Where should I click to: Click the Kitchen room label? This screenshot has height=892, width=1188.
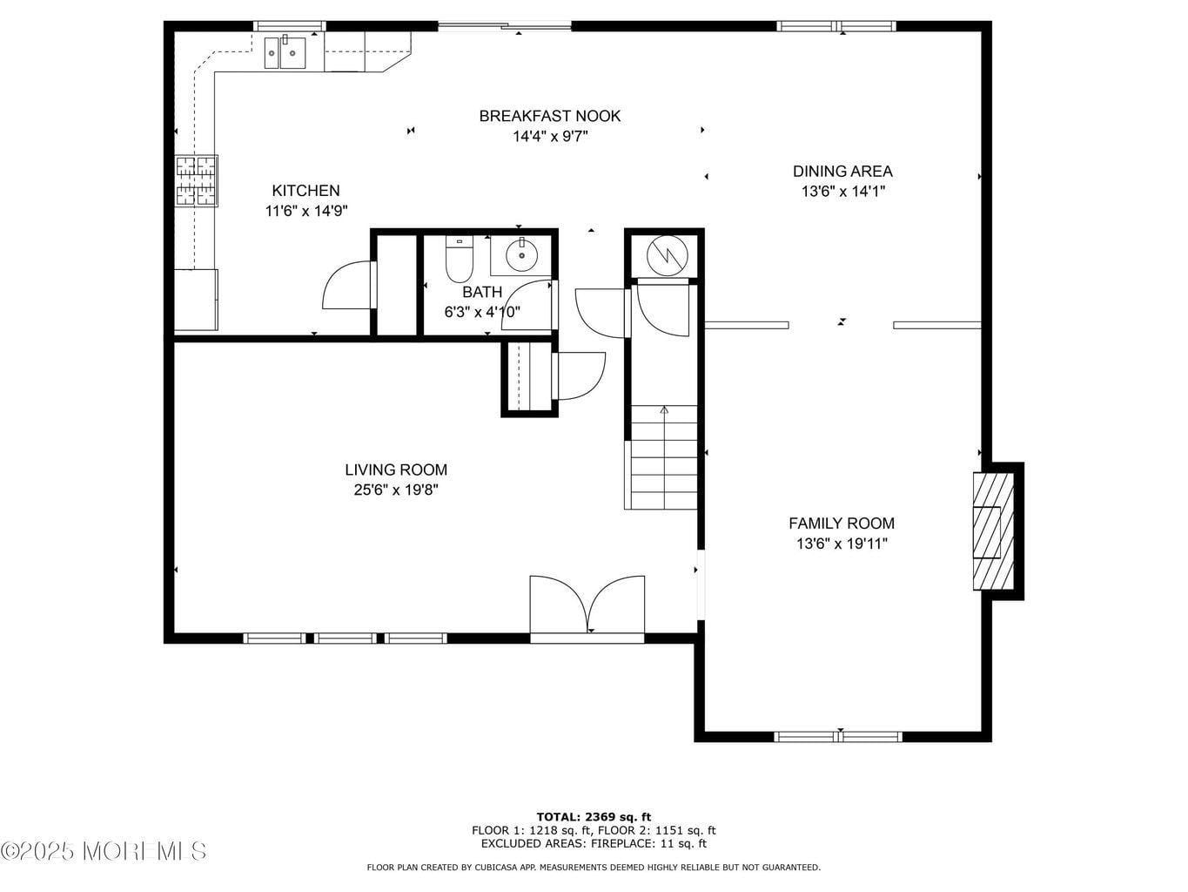[305, 191]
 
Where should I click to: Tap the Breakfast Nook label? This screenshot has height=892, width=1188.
[550, 116]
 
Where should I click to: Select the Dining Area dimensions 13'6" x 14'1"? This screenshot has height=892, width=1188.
[842, 191]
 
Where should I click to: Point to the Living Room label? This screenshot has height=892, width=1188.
[396, 470]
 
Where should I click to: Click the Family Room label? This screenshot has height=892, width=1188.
[842, 524]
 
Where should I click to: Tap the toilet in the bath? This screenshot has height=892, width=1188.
[459, 259]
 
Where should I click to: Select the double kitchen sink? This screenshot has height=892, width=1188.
[285, 52]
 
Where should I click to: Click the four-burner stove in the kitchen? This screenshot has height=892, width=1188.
[196, 181]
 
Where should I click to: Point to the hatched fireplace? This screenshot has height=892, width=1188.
[993, 531]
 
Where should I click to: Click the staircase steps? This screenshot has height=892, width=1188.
[664, 457]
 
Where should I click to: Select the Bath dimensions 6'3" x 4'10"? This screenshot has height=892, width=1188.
[482, 312]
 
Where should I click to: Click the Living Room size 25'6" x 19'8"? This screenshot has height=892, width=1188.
[396, 490]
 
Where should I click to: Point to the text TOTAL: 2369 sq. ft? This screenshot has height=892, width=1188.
[594, 817]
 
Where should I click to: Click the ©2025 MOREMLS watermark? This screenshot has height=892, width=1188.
[104, 851]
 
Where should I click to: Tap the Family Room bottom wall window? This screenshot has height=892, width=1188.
[838, 736]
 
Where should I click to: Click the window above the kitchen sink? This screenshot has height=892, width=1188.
[290, 26]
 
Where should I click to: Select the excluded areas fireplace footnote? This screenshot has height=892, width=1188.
[594, 843]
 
